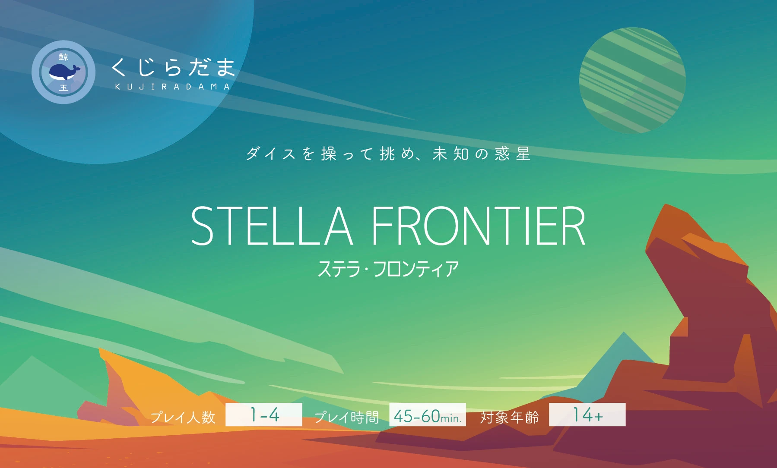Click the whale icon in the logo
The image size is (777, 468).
click(64, 72)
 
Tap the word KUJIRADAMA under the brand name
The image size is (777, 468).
click(172, 87)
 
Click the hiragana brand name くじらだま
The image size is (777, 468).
click(173, 67)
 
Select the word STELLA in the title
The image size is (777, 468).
click(272, 226)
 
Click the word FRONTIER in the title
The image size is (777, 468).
click(478, 226)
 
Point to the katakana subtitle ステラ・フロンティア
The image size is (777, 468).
click(388, 269)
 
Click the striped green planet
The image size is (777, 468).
click(632, 81)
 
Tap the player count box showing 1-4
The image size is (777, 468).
click(264, 415)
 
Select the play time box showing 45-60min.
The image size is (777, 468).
click(428, 415)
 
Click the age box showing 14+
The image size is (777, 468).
click(587, 415)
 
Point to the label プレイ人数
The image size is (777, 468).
click(183, 417)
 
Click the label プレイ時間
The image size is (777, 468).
click(346, 417)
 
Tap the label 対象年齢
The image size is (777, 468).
click(510, 417)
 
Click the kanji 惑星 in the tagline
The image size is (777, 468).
click(513, 154)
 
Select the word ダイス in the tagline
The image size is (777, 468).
click(270, 154)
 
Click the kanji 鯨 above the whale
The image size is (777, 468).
click(63, 57)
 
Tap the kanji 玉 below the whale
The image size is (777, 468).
click(63, 88)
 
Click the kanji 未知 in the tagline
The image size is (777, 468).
click(451, 154)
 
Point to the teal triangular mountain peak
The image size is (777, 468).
click(624, 345)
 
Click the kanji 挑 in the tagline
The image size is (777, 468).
click(387, 154)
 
